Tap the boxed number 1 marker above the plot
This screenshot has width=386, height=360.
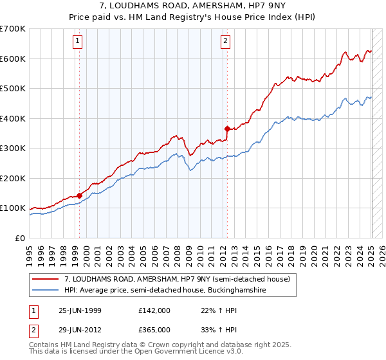click(78, 42)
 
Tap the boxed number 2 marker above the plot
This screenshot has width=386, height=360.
click(226, 42)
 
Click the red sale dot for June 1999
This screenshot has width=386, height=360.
click(79, 195)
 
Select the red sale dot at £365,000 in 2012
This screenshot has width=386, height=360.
click(227, 129)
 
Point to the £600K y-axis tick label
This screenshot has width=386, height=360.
click(13, 59)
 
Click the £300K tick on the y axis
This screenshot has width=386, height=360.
click(13, 148)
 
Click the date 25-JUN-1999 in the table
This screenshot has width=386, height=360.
click(80, 310)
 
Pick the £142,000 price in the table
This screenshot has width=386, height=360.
click(154, 310)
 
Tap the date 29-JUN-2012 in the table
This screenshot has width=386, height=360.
click(80, 329)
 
